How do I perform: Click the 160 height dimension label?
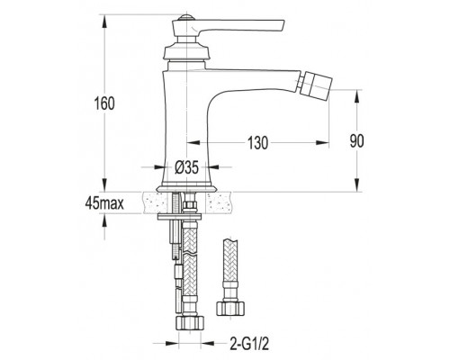(104, 103)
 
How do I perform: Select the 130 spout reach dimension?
(257, 143)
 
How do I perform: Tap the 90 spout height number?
(356, 141)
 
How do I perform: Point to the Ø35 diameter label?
(186, 167)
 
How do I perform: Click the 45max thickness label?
(104, 203)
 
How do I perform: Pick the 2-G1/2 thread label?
(249, 344)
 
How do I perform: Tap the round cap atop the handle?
(186, 17)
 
